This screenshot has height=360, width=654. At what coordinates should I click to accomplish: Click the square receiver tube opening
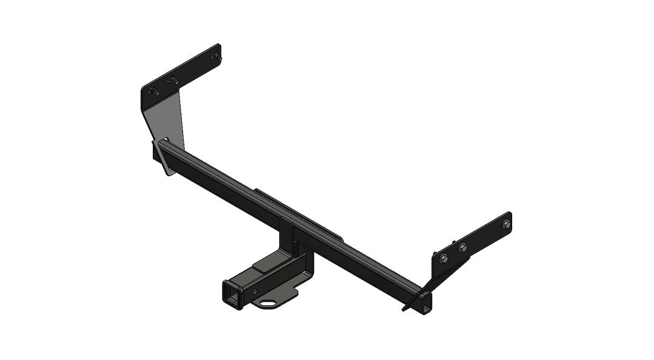point(233,296)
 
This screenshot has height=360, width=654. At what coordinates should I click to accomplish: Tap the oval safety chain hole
point(266,301)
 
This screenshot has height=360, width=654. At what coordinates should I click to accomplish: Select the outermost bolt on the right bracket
point(506,224)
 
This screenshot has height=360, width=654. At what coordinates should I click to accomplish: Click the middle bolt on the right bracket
point(462,247)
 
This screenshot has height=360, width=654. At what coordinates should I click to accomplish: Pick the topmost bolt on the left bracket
point(213,56)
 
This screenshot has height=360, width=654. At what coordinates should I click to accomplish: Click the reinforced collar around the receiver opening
point(233,295)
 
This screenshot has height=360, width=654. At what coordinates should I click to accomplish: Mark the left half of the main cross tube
point(224,185)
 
